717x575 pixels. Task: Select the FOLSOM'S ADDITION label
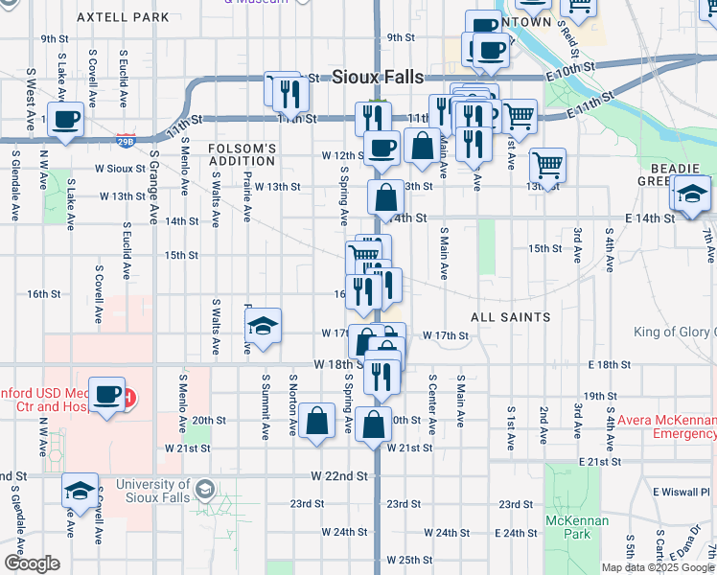tap(243, 155)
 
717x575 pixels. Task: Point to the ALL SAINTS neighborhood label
tap(510, 316)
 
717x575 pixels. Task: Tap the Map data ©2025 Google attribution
tap(657, 567)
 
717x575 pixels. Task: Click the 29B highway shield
tap(126, 140)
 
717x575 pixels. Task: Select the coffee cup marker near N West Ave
tap(64, 120)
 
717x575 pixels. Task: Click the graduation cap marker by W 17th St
tap(264, 327)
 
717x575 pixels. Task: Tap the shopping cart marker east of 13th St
tap(547, 165)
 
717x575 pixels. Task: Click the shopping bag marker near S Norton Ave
tap(317, 421)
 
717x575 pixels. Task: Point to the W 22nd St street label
tap(339, 475)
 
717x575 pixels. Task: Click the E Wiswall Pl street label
tap(683, 492)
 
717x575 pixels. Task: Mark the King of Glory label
tap(675, 333)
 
